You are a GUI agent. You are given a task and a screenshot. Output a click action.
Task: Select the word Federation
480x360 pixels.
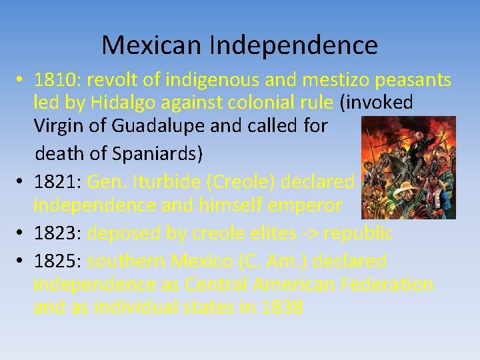387,285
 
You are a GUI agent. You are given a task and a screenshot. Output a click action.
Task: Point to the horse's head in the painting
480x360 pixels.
386,151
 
